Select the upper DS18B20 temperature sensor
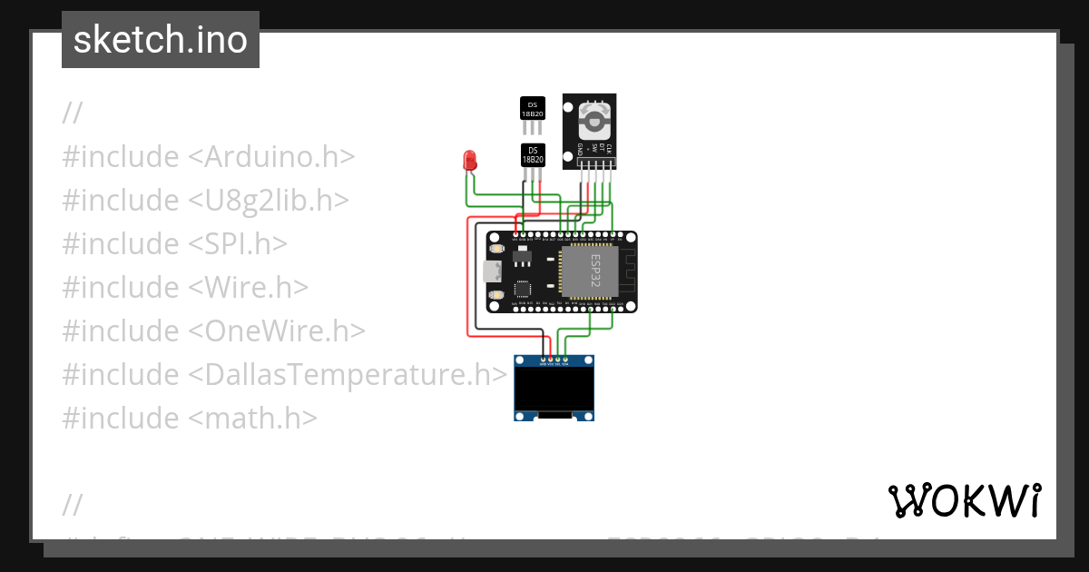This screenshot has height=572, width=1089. point(533,108)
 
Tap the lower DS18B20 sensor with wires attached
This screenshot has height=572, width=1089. point(533,154)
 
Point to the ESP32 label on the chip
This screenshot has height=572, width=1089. point(596,271)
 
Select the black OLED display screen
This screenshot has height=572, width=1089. point(554,389)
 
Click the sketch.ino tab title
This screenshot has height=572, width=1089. point(161,40)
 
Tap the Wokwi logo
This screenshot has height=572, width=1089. point(964,500)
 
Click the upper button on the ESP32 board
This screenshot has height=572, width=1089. point(496,248)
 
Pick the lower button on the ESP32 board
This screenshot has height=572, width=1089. point(496,294)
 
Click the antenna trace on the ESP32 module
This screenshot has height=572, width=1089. point(626,271)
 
